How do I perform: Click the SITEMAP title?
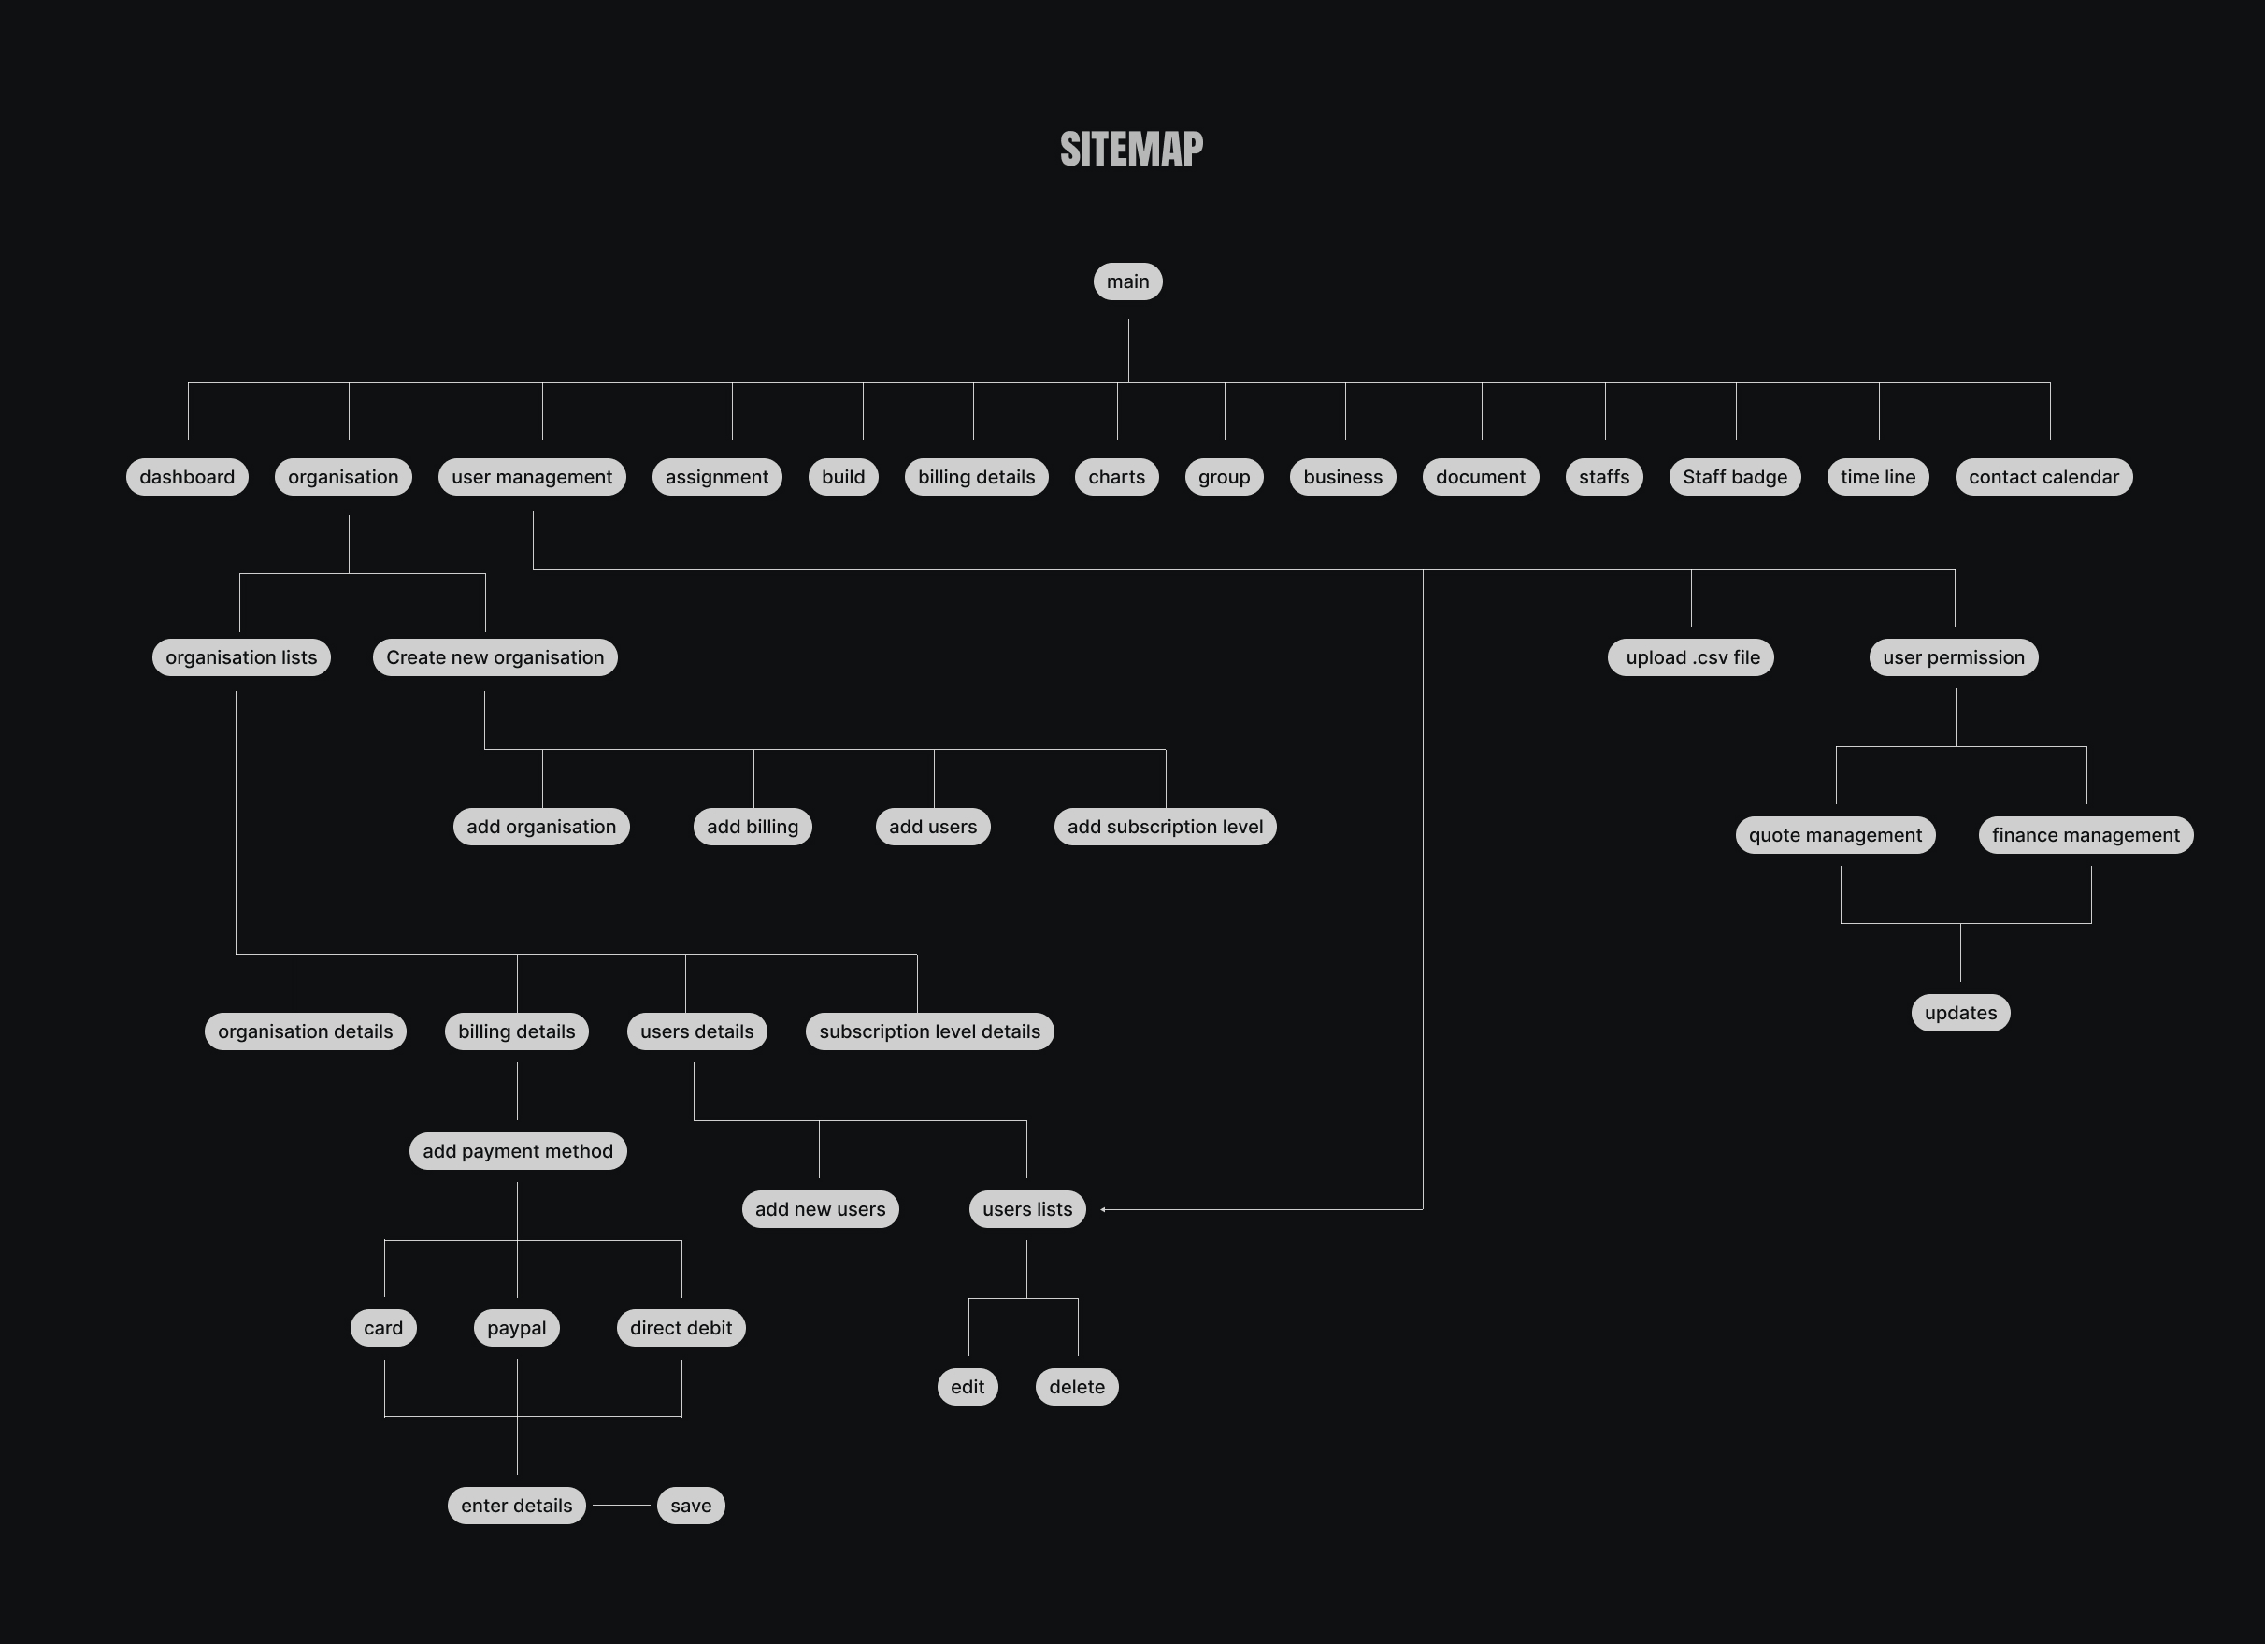(1131, 150)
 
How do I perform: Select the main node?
(1127, 281)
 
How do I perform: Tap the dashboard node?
(187, 476)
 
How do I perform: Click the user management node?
(531, 476)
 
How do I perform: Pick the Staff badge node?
(1735, 476)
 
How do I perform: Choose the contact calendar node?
(2043, 476)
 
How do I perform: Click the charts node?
(1116, 476)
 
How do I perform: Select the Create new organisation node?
(495, 657)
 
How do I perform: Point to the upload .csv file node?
(1691, 657)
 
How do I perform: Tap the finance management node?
(2086, 835)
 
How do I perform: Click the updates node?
(1960, 1013)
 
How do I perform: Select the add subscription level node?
(1165, 827)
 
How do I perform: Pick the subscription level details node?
(929, 1031)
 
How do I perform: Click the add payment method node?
(517, 1150)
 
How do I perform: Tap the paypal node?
(516, 1327)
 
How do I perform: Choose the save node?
(690, 1506)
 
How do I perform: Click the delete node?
(1077, 1386)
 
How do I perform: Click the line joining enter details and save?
(622, 1506)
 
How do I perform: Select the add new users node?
(820, 1208)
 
